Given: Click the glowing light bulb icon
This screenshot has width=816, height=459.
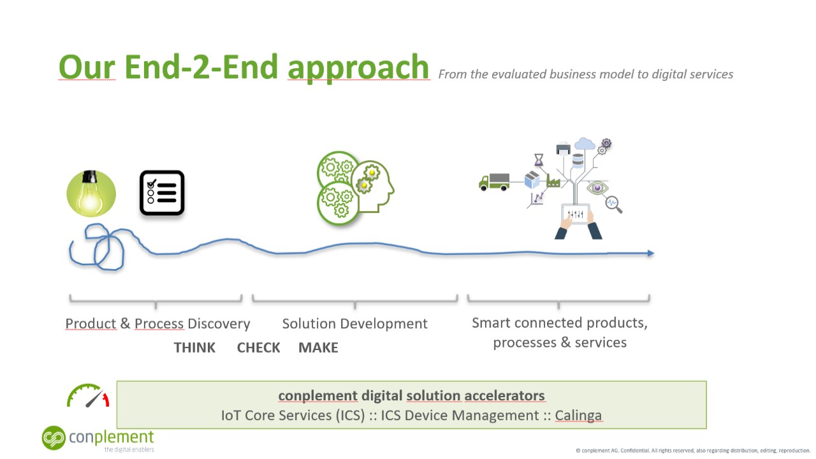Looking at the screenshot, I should click(x=91, y=193).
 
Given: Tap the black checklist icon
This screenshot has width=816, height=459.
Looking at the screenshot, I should click(x=162, y=193).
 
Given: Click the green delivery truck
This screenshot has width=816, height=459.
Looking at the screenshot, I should click(x=494, y=182).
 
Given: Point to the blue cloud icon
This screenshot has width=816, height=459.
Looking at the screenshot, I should click(x=584, y=143).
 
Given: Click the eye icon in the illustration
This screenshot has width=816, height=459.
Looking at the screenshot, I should click(x=597, y=187).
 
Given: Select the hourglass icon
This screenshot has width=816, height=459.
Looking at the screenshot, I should click(x=539, y=159).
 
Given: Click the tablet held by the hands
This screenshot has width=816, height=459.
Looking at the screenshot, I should click(x=576, y=214).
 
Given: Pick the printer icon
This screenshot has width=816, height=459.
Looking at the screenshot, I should click(x=563, y=149).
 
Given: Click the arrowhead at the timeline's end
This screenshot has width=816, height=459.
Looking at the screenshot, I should click(x=650, y=254).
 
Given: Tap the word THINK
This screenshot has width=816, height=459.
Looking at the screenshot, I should click(x=194, y=347).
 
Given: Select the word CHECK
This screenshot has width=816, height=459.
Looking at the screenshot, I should click(x=258, y=347).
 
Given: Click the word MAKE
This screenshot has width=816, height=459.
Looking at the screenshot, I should click(x=318, y=347).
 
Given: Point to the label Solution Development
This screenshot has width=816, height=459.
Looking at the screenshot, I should click(x=354, y=324).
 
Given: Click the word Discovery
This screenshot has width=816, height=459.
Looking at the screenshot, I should click(x=219, y=324).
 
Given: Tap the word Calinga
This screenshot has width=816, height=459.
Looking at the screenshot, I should click(x=578, y=416).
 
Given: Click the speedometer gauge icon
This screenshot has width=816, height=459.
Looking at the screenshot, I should click(x=89, y=396).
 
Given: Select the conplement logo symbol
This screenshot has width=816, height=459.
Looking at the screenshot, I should click(x=54, y=438).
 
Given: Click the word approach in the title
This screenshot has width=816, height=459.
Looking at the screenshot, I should click(x=358, y=68).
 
